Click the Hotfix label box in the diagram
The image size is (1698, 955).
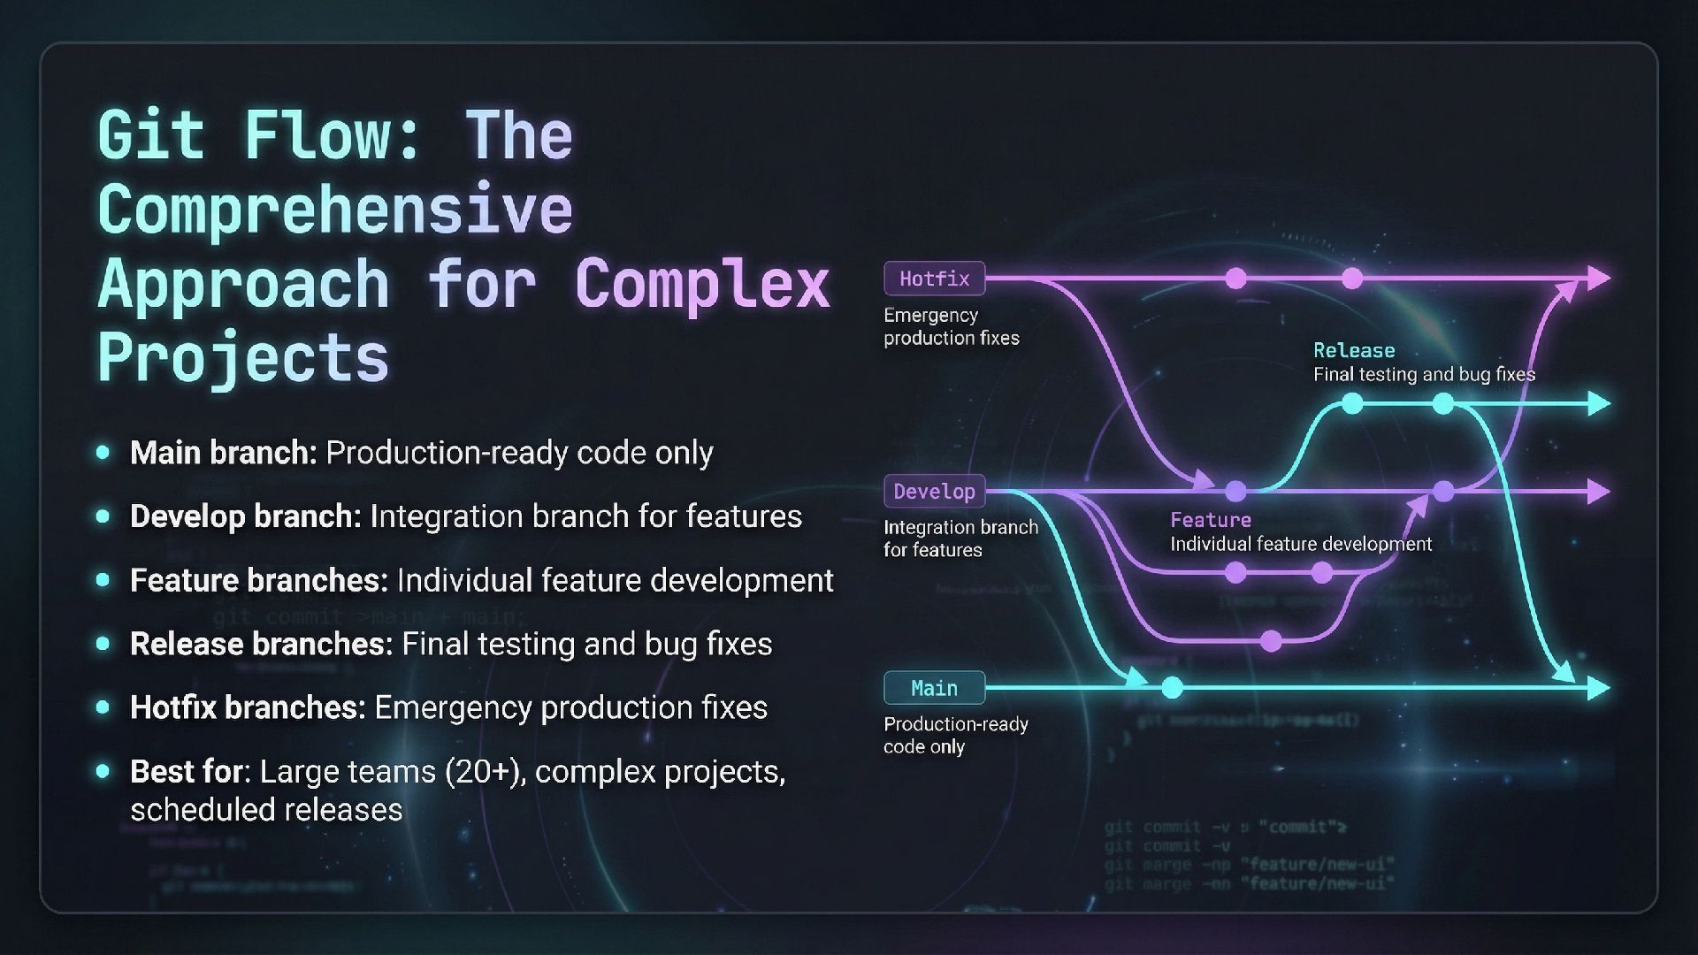tap(934, 279)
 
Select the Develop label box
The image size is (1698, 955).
tap(934, 491)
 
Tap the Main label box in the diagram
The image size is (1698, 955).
tap(934, 688)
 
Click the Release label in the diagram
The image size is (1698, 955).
tap(1353, 350)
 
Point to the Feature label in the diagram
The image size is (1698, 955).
tap(1210, 520)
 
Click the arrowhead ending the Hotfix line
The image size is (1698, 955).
tap(1599, 279)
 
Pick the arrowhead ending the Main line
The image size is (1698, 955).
tap(1599, 688)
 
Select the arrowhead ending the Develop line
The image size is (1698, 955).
tap(1599, 492)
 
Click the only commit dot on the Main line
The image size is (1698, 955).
tap(1172, 687)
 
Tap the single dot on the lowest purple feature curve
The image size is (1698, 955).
tap(1271, 640)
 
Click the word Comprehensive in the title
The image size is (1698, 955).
tap(334, 210)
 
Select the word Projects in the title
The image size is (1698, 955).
tap(242, 358)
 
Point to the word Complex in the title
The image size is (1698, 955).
tap(702, 284)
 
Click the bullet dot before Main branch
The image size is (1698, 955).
tap(103, 453)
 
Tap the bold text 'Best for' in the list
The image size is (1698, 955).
tap(187, 772)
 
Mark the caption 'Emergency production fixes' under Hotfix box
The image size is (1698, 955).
tap(951, 326)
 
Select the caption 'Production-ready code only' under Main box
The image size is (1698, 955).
tap(955, 735)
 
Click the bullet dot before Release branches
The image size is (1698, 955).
tap(103, 644)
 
